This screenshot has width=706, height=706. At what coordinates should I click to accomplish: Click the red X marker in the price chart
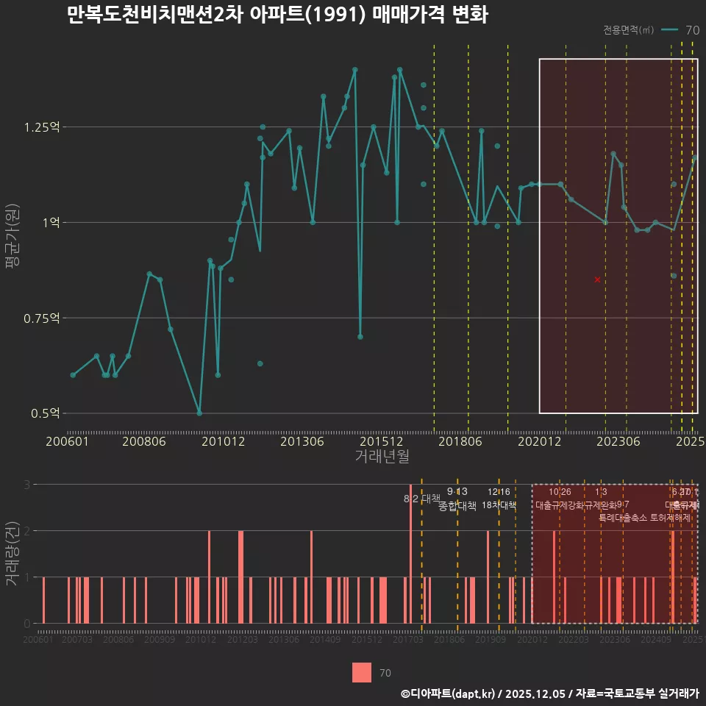point(597,279)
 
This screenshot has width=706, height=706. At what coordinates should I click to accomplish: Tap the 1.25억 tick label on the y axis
point(41,127)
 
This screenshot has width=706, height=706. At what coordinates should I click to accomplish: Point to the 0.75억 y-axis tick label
point(41,318)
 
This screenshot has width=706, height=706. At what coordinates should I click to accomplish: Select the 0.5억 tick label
point(45,413)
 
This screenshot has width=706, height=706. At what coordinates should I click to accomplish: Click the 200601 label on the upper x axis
point(67,441)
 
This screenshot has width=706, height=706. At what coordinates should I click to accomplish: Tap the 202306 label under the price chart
point(619,441)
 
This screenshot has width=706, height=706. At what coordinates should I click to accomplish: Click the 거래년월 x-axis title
point(382,457)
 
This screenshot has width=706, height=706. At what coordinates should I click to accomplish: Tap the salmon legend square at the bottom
point(361,672)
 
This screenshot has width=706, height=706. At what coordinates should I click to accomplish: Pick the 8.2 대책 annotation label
point(421,499)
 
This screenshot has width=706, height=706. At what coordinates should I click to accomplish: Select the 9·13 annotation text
point(457,491)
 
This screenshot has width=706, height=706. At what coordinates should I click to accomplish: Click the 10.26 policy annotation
point(560,492)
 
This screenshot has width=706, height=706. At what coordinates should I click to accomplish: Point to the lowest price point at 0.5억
point(199,413)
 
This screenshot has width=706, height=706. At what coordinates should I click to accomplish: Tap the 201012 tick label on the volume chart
point(200,641)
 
